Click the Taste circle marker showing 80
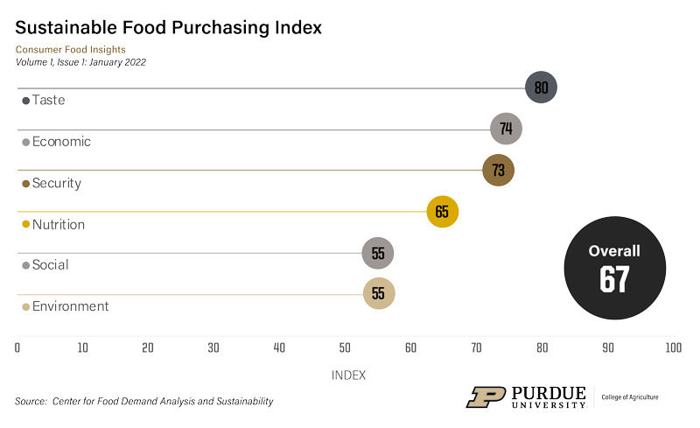[x=541, y=88]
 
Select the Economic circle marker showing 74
[x=506, y=129]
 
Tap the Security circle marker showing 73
[x=499, y=170]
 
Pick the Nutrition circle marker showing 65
[x=443, y=211]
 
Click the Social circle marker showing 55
[x=378, y=252]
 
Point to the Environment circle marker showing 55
[x=379, y=293]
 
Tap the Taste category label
[x=48, y=101]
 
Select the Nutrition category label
[x=58, y=225]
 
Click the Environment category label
[x=70, y=306]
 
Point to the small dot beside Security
[x=25, y=184]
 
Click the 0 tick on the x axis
[x=17, y=347]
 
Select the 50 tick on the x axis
[x=345, y=347]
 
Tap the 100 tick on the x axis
[x=672, y=347]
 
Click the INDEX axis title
[x=348, y=375]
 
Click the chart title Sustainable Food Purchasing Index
[x=168, y=27]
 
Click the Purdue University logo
[x=526, y=397]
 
